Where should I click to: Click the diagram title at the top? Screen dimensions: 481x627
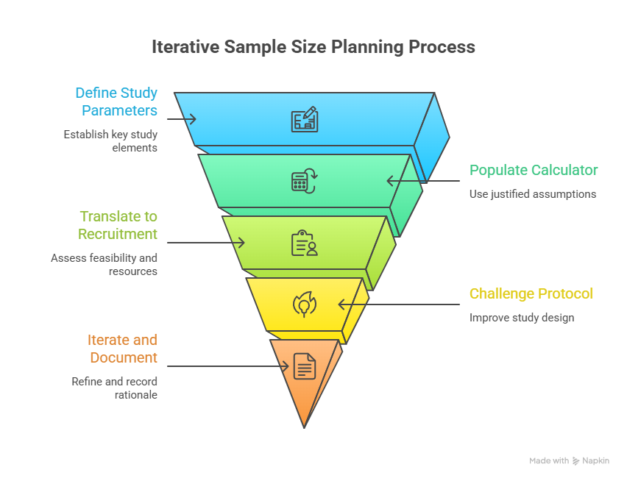(313, 49)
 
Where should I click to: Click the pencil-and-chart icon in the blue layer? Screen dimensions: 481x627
(304, 119)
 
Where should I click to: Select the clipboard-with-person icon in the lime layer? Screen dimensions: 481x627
(304, 243)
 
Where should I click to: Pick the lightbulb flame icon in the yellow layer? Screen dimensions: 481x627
(304, 304)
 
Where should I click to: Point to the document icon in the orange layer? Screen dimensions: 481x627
(304, 366)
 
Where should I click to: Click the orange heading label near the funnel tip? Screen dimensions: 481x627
(124, 349)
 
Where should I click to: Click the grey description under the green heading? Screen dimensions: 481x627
(533, 195)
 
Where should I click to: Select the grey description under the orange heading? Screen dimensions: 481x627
(115, 388)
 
